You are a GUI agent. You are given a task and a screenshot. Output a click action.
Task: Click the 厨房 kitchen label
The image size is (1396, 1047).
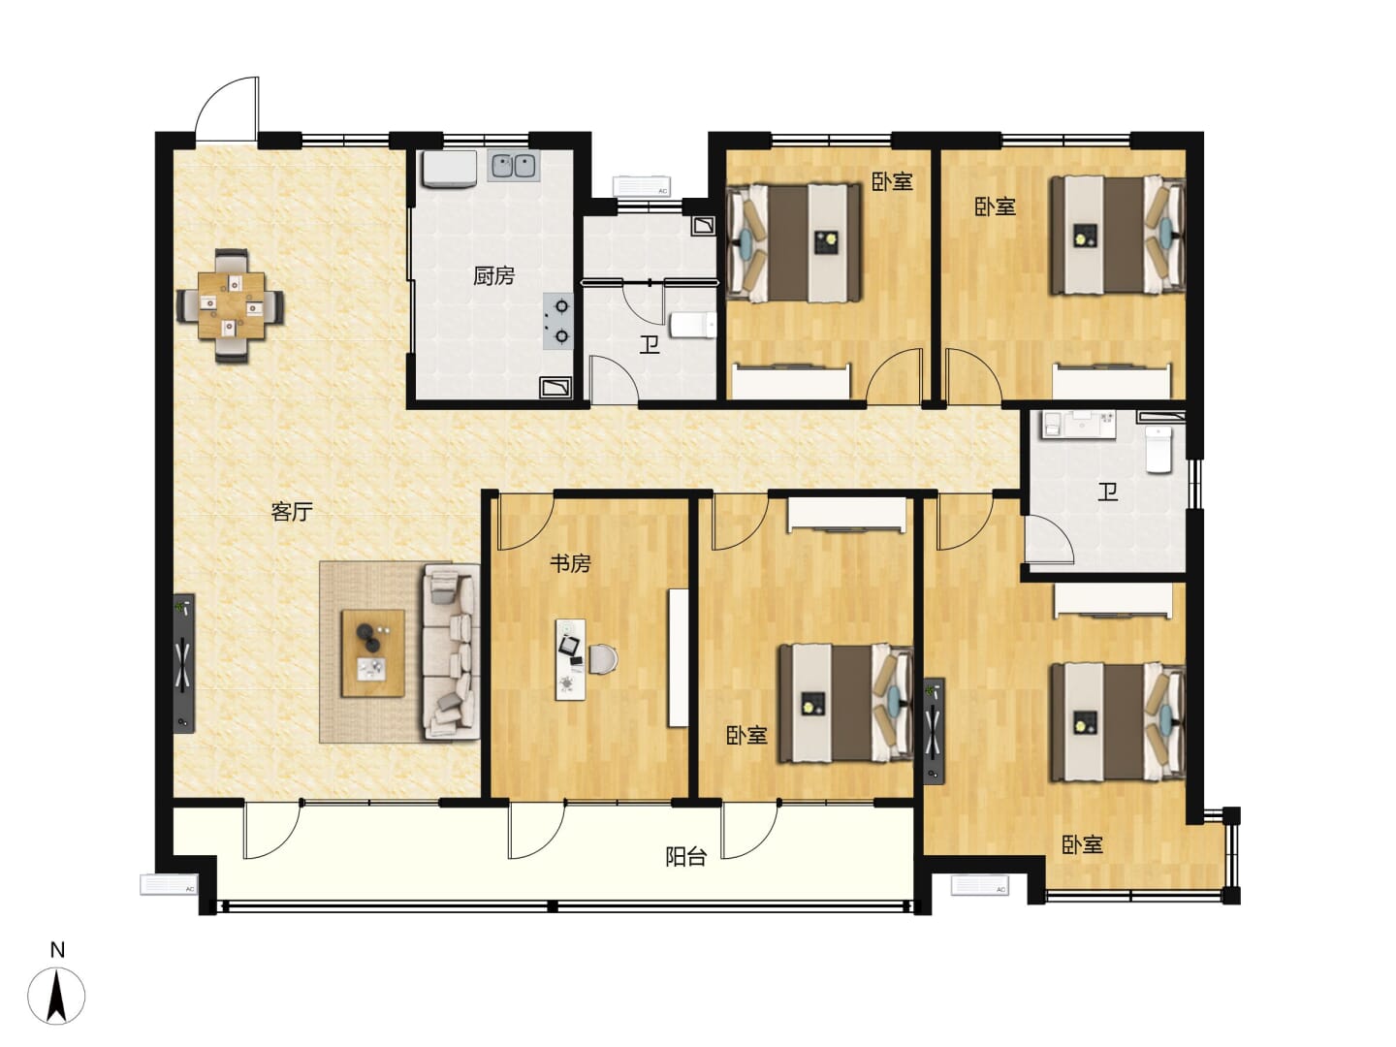(x=493, y=276)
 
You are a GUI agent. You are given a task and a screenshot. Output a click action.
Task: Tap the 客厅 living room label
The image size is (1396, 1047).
(x=291, y=511)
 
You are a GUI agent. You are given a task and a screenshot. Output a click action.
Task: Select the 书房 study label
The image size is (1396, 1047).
(x=570, y=563)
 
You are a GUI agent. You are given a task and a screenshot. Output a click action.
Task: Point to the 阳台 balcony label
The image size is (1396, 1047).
(x=685, y=857)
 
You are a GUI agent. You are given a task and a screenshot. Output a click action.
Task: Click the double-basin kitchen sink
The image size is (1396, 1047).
(x=514, y=165)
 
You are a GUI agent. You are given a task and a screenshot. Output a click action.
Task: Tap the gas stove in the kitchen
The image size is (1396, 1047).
(x=557, y=321)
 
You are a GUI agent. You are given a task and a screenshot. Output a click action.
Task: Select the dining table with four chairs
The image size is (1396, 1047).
(x=230, y=305)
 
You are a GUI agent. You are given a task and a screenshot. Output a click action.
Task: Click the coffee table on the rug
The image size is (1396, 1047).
(x=372, y=652)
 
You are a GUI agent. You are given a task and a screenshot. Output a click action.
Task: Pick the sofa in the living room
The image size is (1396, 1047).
(x=452, y=652)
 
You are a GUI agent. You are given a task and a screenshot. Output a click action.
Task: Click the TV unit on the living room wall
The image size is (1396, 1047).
(x=184, y=664)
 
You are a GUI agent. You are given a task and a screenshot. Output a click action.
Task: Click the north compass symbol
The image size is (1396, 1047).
(x=56, y=997)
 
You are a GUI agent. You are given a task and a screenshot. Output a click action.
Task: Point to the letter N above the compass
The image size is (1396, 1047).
(x=57, y=950)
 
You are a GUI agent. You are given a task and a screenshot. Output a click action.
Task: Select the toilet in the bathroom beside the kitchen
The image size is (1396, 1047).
(x=692, y=325)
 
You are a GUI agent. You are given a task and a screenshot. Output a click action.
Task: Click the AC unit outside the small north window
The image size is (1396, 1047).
(x=641, y=185)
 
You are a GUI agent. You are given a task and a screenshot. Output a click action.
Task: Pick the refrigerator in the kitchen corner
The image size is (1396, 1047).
(x=450, y=169)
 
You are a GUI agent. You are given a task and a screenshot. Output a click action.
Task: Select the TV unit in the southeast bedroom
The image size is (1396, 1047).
(x=934, y=731)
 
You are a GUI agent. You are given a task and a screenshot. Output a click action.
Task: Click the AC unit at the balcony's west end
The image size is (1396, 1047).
(x=169, y=884)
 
